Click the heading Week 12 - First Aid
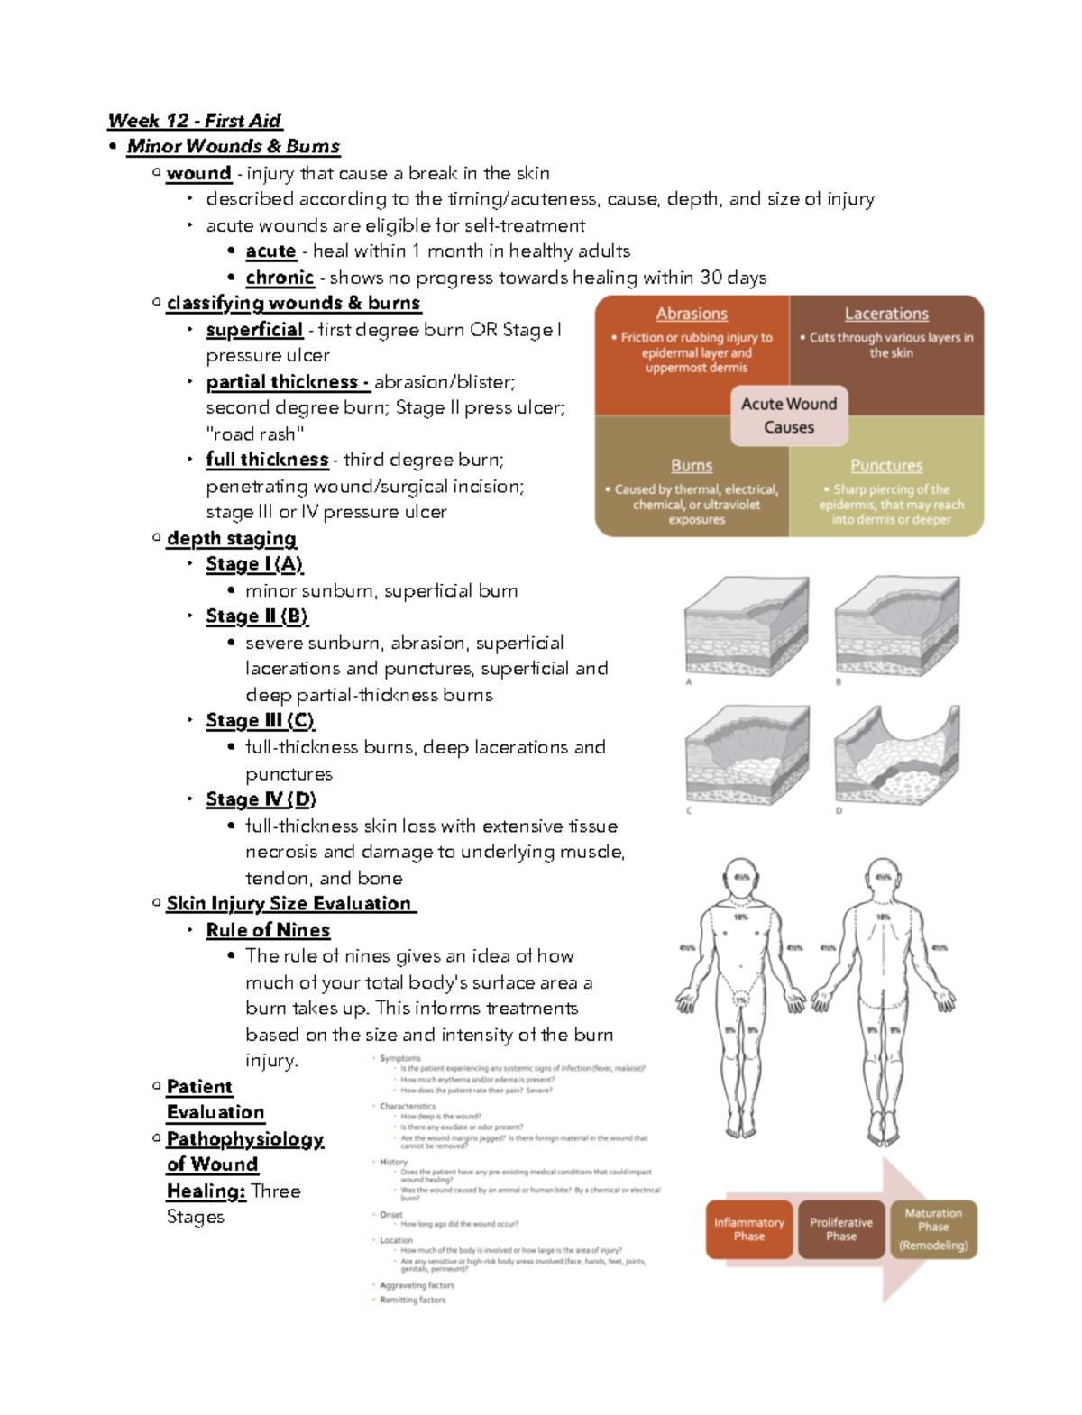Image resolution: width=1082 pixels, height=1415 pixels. [x=194, y=121]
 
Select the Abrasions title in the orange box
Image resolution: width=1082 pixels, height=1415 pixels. [x=692, y=314]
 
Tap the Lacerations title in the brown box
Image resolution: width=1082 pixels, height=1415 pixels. [x=886, y=314]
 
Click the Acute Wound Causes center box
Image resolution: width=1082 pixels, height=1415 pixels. [x=789, y=415]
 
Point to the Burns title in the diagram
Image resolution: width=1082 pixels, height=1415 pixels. [x=692, y=466]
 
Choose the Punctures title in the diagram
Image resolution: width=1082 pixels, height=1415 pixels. [x=886, y=466]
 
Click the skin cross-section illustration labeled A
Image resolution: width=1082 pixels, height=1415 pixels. [x=746, y=627]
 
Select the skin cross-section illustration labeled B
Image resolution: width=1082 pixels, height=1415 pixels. [x=896, y=627]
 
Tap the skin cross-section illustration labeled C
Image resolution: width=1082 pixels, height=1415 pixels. [x=746, y=755]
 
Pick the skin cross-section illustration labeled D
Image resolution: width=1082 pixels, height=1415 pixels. [x=896, y=755]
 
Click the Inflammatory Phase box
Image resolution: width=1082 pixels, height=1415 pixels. [x=749, y=1229]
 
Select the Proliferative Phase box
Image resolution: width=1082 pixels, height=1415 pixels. [x=841, y=1229]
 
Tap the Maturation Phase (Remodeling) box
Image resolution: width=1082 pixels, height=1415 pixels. [x=933, y=1229]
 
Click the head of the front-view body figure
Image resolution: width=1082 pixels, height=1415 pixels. [x=741, y=878]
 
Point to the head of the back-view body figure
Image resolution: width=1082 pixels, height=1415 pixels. [x=883, y=878]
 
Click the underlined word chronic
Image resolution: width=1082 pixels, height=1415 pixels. [x=280, y=278]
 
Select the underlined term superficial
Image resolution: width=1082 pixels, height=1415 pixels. [x=254, y=330]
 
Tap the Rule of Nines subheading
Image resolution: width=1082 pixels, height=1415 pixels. [x=268, y=930]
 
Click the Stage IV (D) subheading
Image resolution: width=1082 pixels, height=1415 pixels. [x=261, y=799]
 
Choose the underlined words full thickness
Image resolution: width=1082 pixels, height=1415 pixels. [x=267, y=460]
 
